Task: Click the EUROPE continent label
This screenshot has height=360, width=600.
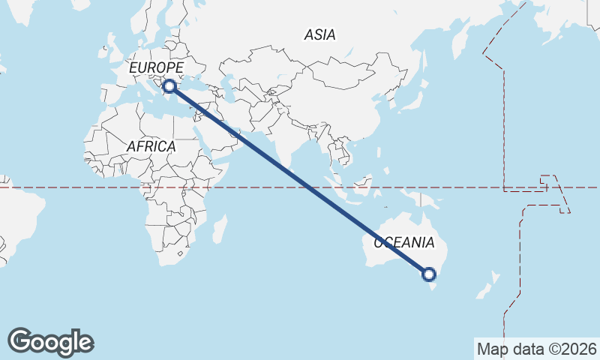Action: point(156,68)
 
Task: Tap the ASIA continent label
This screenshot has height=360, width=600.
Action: point(319,34)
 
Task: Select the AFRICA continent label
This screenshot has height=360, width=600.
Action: point(151,147)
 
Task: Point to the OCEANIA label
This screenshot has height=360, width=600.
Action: point(403,242)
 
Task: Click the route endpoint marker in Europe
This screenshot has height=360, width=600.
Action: point(171,87)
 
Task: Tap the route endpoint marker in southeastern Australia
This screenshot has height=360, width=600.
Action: point(429,274)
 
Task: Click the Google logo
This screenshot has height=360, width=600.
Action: point(51,342)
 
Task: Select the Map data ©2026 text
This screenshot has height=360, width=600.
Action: point(536,349)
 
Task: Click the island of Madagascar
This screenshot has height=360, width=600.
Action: point(219,228)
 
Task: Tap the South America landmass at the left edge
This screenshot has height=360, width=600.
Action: point(15,217)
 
